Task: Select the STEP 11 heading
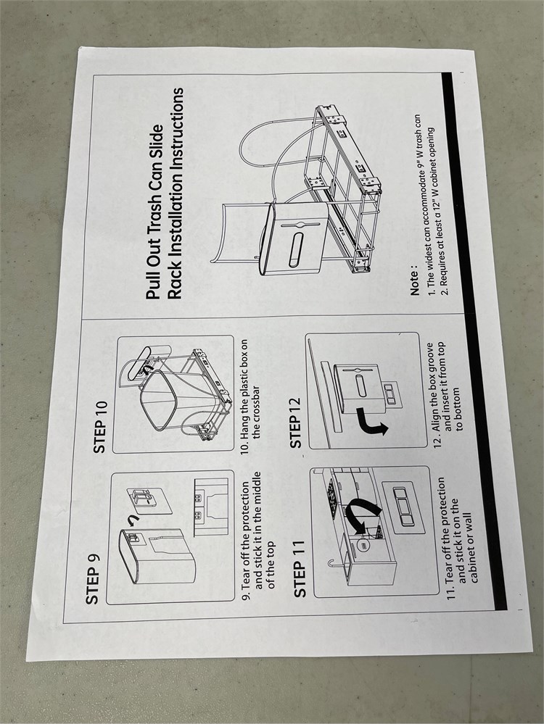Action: click(x=300, y=569)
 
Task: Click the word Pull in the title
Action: click(x=154, y=284)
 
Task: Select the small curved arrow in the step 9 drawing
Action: click(x=134, y=521)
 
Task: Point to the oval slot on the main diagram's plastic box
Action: click(x=296, y=250)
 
